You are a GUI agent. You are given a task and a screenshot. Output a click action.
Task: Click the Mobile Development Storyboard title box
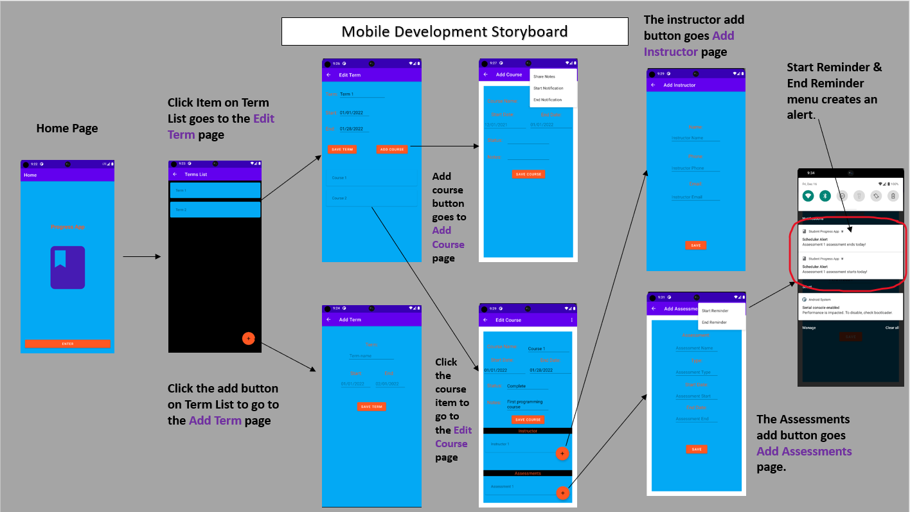point(454,31)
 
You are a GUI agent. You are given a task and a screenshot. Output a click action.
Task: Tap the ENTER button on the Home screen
point(67,344)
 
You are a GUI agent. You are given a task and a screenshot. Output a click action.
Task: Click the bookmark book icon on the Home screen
point(67,267)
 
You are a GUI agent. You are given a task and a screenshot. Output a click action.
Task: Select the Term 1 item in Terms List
point(215,190)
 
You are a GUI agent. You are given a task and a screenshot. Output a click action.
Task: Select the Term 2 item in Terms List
point(215,209)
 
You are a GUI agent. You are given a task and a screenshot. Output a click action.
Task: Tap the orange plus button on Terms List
point(249,338)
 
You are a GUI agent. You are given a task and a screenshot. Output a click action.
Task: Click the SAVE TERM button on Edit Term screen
point(342,150)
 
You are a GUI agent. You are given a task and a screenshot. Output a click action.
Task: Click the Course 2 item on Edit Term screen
point(371,198)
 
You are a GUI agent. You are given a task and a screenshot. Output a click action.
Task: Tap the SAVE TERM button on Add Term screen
point(371,407)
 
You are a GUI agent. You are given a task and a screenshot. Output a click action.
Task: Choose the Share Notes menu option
point(544,76)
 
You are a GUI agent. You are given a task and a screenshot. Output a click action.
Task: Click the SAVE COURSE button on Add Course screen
point(529,174)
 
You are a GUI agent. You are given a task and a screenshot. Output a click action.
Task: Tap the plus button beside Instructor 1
point(562,454)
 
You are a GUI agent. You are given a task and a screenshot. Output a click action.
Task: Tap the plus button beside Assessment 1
point(562,493)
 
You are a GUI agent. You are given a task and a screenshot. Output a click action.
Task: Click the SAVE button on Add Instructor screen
point(696,245)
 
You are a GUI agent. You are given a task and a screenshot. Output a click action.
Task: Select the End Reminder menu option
point(714,322)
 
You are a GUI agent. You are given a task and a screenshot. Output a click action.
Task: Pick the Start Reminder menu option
point(715,311)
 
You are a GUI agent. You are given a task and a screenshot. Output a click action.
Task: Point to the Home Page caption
point(67,128)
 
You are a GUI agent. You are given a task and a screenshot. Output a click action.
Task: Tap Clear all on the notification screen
point(892,328)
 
